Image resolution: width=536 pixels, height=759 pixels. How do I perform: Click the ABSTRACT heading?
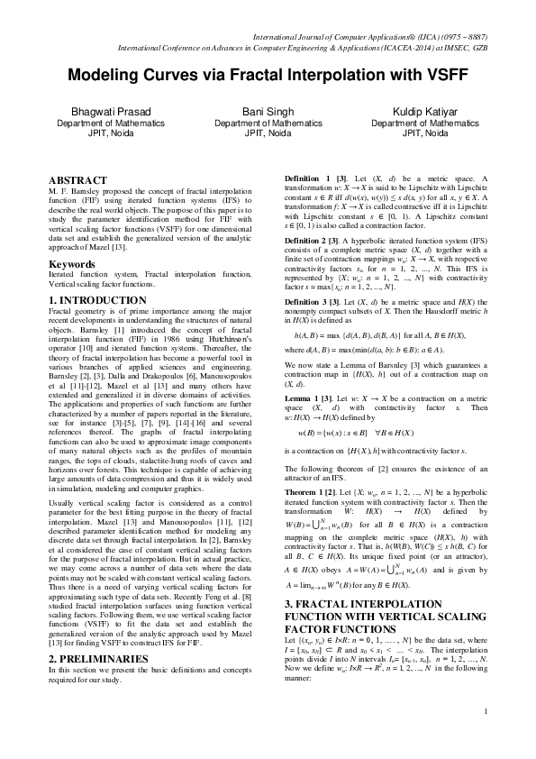tap(76, 181)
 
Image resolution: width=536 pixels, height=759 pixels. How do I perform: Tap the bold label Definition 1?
tap(306, 178)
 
